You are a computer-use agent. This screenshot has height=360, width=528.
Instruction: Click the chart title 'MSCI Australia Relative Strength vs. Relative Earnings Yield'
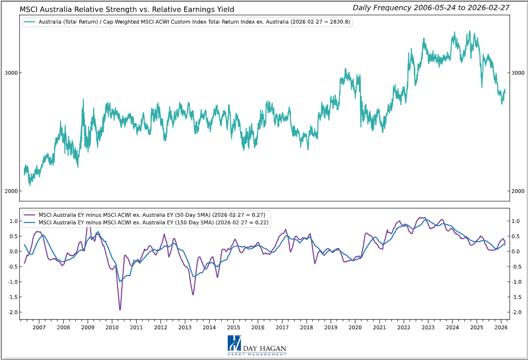pyautogui.click(x=127, y=9)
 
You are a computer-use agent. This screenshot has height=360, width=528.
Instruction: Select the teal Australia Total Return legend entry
pyautogui.click(x=187, y=22)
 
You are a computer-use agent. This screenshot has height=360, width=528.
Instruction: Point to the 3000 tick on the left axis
pyautogui.click(x=11, y=73)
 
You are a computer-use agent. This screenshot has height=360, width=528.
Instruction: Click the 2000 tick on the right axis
pyautogui.click(x=517, y=191)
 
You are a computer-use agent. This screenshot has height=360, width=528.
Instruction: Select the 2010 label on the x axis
pyautogui.click(x=112, y=327)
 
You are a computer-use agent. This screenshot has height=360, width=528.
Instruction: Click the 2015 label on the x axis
pyautogui.click(x=233, y=327)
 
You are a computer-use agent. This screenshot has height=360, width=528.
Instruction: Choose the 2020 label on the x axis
pyautogui.click(x=355, y=327)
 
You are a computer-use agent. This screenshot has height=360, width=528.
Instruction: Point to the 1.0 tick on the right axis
pyautogui.click(x=515, y=221)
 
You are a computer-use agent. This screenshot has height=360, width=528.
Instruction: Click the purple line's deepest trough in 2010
pyautogui.click(x=120, y=310)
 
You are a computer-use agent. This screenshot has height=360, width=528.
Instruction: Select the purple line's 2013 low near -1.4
pyautogui.click(x=193, y=294)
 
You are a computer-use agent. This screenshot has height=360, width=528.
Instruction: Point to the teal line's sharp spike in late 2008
pyautogui.click(x=83, y=100)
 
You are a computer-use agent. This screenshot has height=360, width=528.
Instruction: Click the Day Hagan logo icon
pyautogui.click(x=234, y=343)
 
